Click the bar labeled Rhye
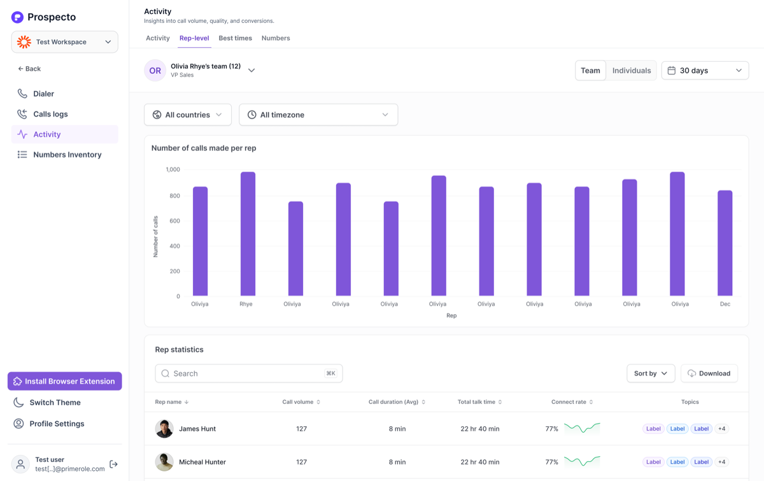coord(248,234)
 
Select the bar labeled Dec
coord(725,243)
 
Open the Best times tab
coord(236,38)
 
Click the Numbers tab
coord(276,38)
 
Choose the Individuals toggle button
coord(632,70)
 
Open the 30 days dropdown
coord(705,70)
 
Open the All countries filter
coord(188,115)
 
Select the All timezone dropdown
coord(318,115)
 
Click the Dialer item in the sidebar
coord(43,94)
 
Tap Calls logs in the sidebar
coord(50,114)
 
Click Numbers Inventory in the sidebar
coord(67,155)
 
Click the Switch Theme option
coord(55,403)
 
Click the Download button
coord(709,373)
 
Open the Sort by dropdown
coord(651,373)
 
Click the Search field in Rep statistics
coord(249,373)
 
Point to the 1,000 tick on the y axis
coord(173,169)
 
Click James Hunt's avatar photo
coord(164,428)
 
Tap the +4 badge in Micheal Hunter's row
coord(722,462)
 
